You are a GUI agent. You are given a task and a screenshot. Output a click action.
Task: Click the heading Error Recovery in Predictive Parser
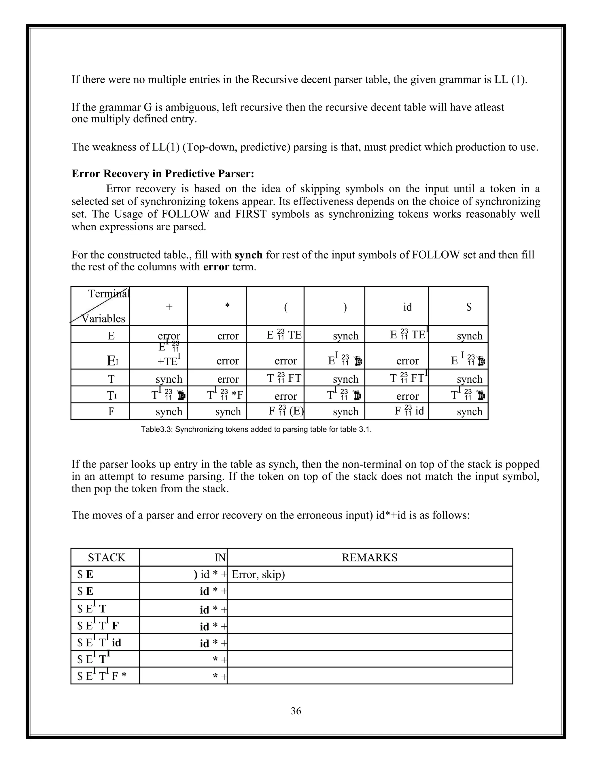(162, 174)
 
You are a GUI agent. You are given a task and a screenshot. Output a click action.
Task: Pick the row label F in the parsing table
(111, 411)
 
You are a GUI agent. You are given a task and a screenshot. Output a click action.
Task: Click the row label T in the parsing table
(111, 379)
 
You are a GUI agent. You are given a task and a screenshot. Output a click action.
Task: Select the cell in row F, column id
(409, 411)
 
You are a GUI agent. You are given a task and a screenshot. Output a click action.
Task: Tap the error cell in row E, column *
(228, 336)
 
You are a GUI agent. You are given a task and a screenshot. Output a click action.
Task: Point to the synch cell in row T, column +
(169, 379)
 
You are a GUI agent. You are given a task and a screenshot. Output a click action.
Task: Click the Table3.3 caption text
(256, 429)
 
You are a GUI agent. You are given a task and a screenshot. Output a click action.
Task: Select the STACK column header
(106, 557)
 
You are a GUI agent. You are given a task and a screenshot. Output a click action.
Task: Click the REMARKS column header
(369, 557)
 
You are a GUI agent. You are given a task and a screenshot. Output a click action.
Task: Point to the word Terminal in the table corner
(109, 293)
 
